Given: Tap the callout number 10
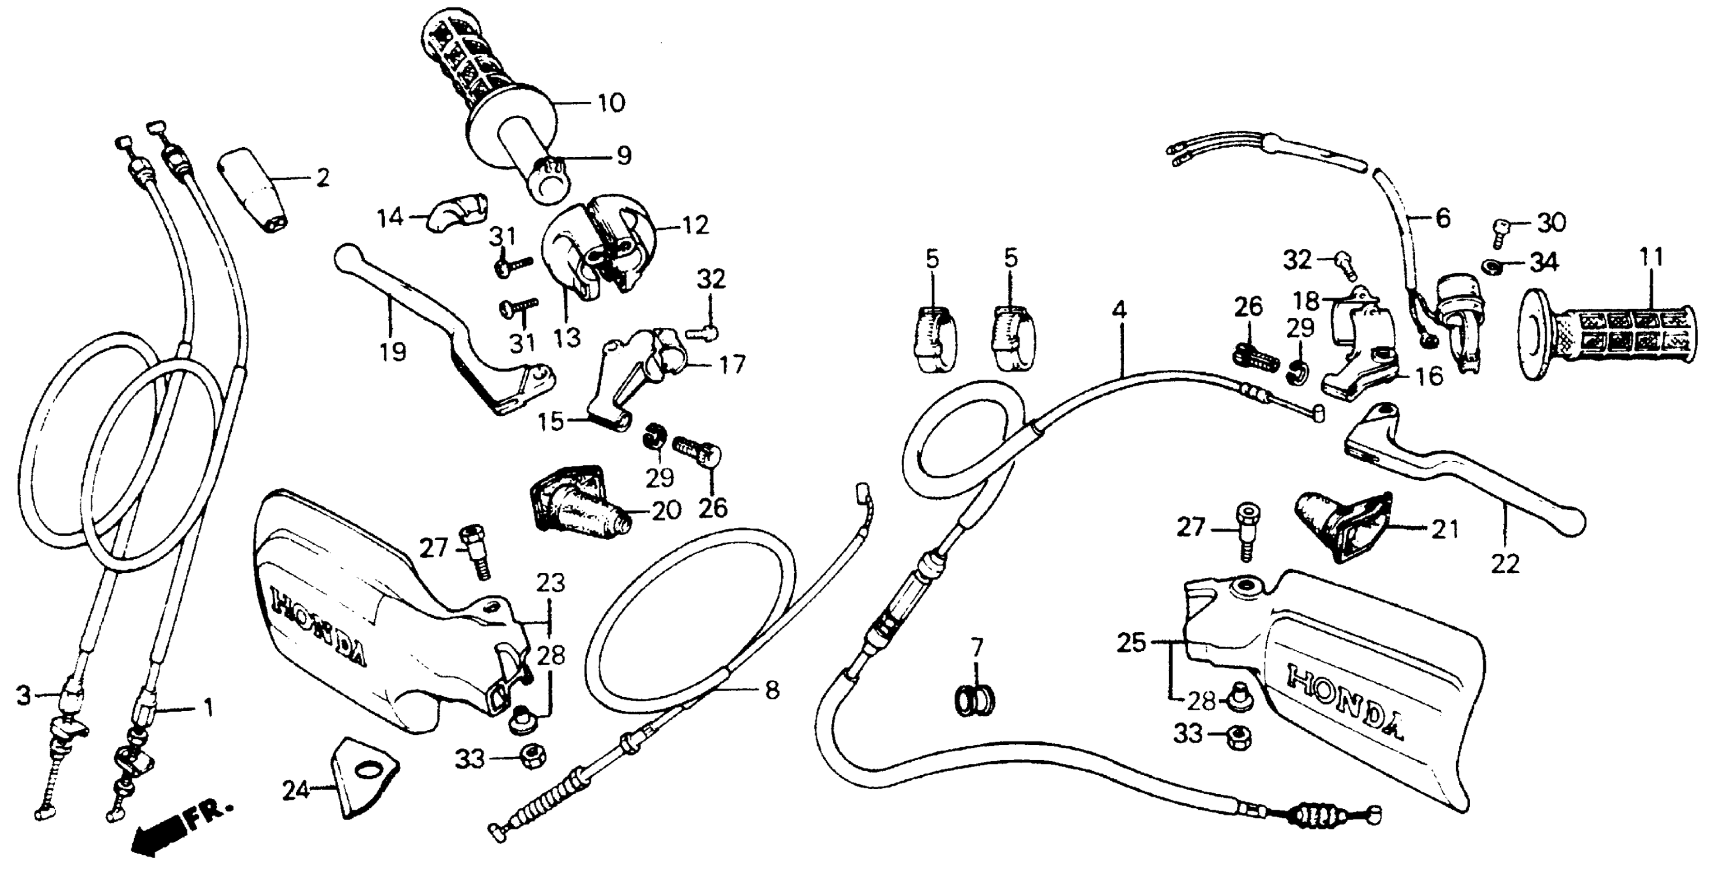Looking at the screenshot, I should pos(611,103).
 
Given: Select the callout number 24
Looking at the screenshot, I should pos(296,791).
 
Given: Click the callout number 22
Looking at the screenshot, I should pos(1505,564).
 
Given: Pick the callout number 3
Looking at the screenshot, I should pos(24,697).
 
